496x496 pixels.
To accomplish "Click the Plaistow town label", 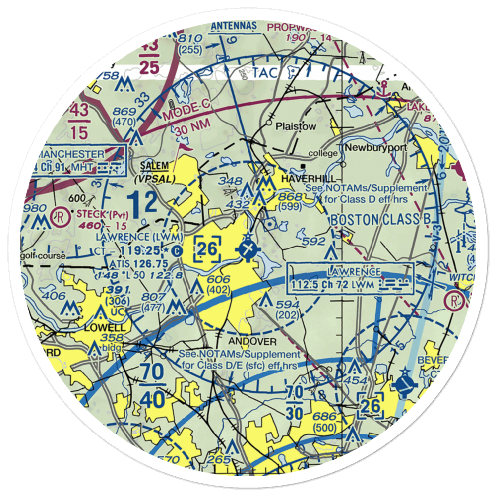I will (296, 126).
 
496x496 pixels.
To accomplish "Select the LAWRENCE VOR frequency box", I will (350, 278).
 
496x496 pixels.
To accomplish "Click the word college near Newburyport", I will (323, 154).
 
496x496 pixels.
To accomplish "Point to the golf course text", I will (43, 256).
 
